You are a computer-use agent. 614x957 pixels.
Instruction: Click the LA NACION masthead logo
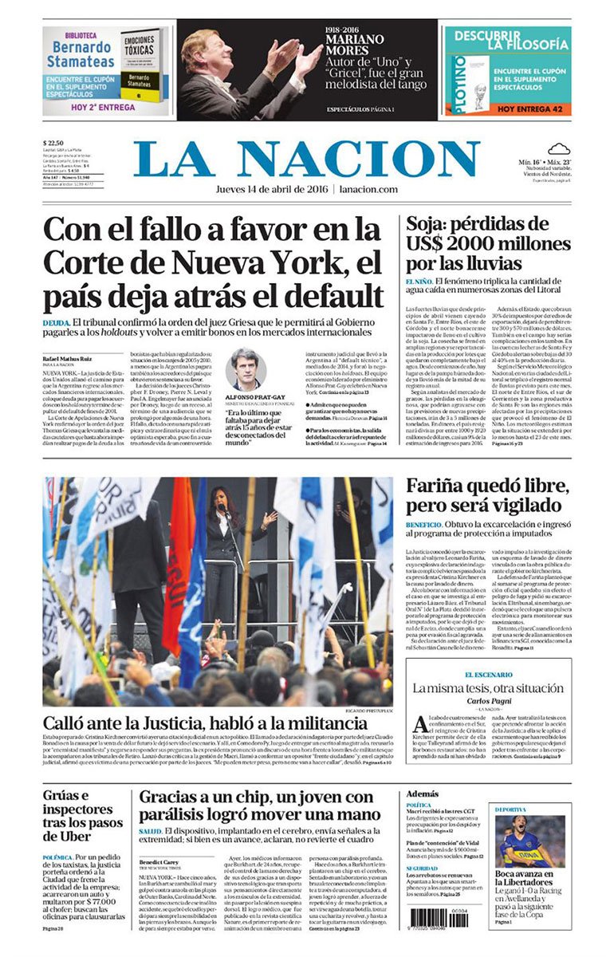coord(306,159)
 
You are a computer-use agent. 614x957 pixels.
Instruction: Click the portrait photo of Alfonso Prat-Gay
coord(245,369)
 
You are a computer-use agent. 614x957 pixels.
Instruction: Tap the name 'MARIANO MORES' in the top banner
coord(355,39)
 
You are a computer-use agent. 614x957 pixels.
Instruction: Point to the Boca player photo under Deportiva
coord(529,841)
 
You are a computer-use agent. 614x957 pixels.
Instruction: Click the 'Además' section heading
coord(422,794)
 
